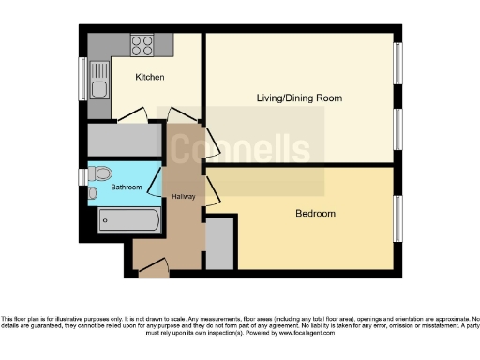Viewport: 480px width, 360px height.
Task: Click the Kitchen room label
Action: click(150, 77)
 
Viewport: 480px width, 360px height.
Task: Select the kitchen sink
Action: click(98, 89)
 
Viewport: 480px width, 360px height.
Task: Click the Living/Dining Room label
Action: click(299, 97)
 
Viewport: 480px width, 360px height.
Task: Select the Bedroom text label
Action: click(315, 214)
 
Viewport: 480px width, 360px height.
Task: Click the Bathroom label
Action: click(127, 187)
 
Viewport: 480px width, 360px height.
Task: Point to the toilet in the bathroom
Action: click(101, 172)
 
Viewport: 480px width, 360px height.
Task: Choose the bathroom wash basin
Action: click(93, 193)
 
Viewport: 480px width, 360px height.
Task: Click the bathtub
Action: click(129, 222)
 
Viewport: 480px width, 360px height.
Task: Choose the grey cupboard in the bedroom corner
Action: click(221, 243)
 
